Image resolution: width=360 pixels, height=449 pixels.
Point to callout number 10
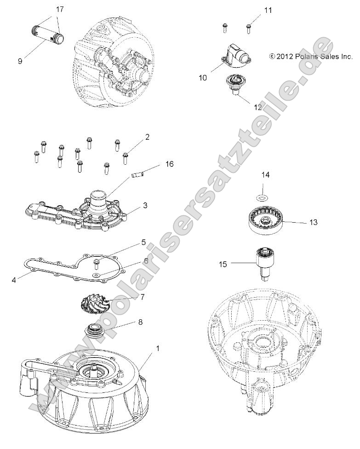click(x=203, y=78)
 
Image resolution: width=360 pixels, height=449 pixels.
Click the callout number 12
click(x=258, y=107)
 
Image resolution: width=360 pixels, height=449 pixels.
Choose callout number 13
click(x=313, y=222)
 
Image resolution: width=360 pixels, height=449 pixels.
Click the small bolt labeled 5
click(x=97, y=263)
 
